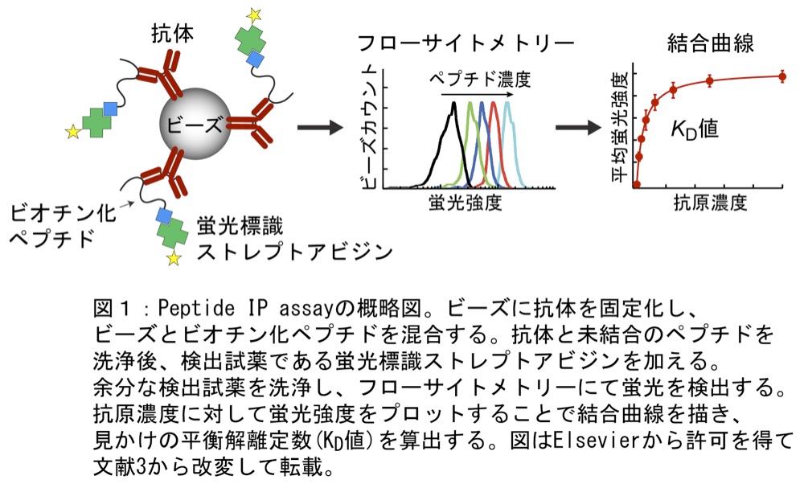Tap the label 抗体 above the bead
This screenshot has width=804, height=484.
(x=173, y=35)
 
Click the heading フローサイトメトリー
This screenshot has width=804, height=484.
(x=466, y=43)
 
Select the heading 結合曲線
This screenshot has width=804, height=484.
(x=710, y=43)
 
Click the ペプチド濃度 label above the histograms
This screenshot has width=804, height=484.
(x=479, y=80)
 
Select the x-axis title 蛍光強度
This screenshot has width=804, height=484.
(x=465, y=203)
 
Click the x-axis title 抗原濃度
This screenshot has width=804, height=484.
(x=710, y=203)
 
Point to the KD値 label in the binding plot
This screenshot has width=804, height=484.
(x=695, y=129)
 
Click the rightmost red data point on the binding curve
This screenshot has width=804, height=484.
(x=782, y=77)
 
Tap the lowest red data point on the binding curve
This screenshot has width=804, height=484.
(x=637, y=184)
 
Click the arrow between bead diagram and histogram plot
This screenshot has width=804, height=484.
(x=320, y=127)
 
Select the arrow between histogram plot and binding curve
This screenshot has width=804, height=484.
(x=578, y=127)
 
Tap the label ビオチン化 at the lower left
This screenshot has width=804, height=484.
(x=63, y=213)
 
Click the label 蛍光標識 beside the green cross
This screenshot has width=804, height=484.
(x=240, y=226)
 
